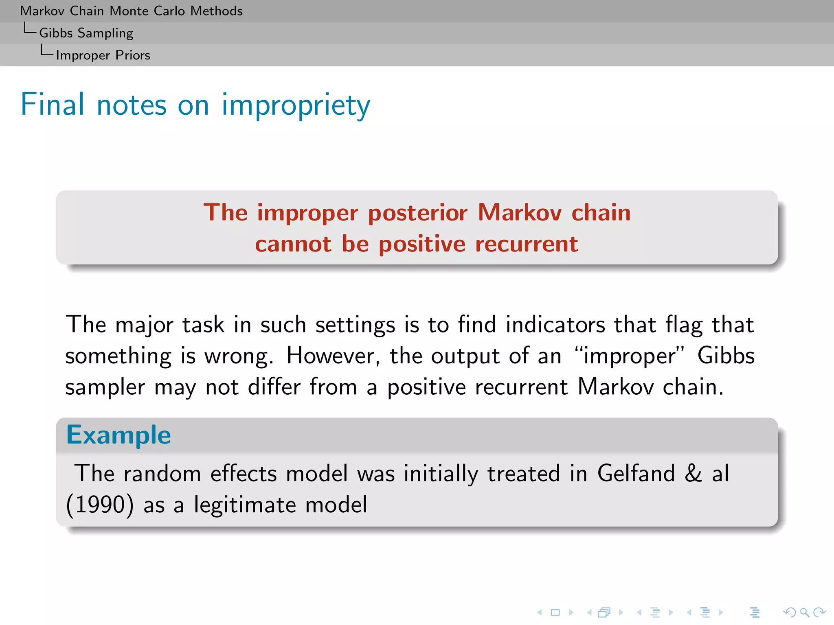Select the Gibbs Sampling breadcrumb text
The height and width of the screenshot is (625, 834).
86,33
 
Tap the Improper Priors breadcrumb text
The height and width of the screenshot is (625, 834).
103,55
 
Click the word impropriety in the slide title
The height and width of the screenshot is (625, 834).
296,105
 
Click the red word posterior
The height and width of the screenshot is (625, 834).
417,213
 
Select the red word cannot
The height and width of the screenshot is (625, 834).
293,244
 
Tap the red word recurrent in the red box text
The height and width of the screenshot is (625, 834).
526,244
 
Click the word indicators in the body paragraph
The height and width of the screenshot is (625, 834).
555,325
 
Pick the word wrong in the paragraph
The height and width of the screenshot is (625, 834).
238,356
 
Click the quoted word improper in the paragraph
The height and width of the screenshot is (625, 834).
629,356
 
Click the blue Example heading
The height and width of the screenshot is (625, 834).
119,435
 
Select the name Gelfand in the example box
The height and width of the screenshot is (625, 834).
636,474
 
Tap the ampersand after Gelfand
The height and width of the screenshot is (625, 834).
693,474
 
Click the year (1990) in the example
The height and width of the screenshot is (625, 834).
100,505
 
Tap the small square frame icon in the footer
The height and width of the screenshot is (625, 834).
555,612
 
